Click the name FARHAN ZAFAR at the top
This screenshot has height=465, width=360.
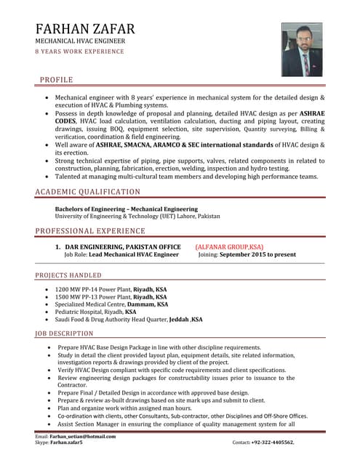click(x=85, y=29)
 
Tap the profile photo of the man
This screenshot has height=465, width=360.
click(x=302, y=49)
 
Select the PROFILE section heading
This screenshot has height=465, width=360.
click(x=56, y=79)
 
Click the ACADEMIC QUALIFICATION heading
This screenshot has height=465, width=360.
click(x=88, y=192)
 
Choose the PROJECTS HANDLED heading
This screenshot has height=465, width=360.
click(x=68, y=276)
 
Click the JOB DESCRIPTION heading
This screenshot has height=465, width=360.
click(x=65, y=333)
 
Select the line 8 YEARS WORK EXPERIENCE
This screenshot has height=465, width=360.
click(x=79, y=52)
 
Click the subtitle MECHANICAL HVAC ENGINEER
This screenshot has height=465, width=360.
click(x=80, y=41)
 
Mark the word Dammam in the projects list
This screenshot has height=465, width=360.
click(x=142, y=304)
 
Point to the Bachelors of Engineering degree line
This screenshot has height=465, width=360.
click(x=121, y=209)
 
